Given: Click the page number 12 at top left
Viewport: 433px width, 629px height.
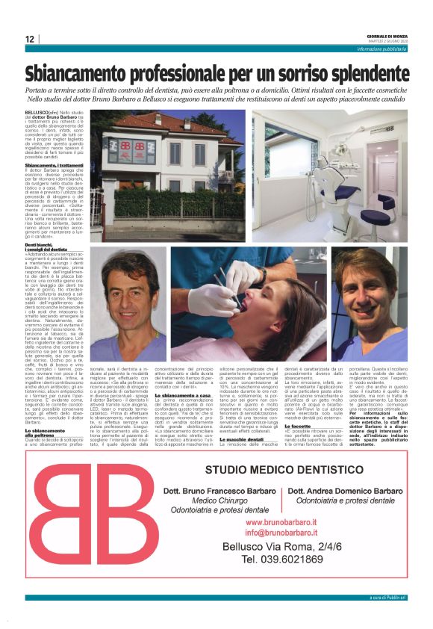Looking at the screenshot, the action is (30, 39).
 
